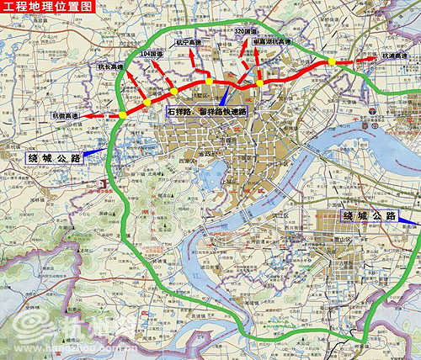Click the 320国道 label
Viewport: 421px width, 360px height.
point(246,31)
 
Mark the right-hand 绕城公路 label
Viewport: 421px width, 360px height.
point(370,216)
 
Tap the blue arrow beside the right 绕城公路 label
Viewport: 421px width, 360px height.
point(409,221)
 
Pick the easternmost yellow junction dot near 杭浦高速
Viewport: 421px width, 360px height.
point(333,61)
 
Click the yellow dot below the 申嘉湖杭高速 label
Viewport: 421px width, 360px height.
point(261,82)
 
